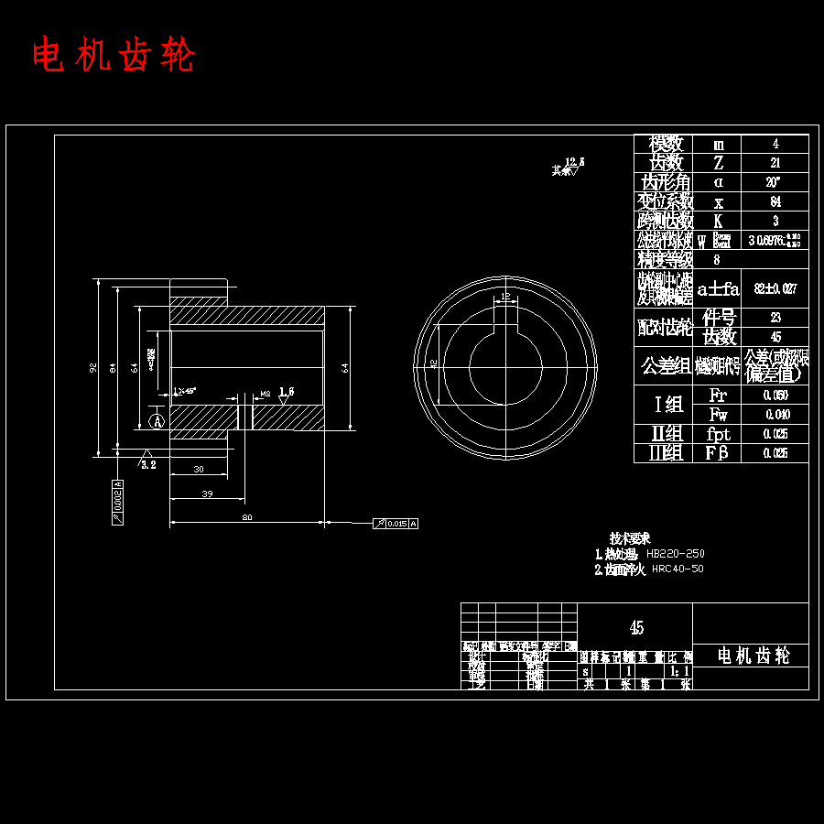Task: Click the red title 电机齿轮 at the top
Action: click(x=114, y=56)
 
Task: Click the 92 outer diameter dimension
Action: click(x=93, y=367)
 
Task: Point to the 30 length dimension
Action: click(x=199, y=469)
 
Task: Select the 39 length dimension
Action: click(x=207, y=493)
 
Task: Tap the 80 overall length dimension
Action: click(x=247, y=517)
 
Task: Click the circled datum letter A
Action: click(x=157, y=421)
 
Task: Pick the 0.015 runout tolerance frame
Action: click(x=396, y=524)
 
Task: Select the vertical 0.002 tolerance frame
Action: click(x=117, y=501)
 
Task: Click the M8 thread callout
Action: click(x=265, y=394)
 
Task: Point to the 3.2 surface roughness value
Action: click(x=148, y=464)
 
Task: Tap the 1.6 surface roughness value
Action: click(x=287, y=391)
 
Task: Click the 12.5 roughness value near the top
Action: click(x=575, y=161)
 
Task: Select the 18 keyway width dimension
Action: click(x=505, y=296)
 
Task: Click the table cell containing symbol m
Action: click(x=719, y=144)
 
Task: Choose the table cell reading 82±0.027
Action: click(x=775, y=288)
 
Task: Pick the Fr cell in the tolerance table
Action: click(x=719, y=395)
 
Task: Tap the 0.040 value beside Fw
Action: click(x=775, y=414)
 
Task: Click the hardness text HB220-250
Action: click(x=676, y=554)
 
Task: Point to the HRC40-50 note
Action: click(x=678, y=569)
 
